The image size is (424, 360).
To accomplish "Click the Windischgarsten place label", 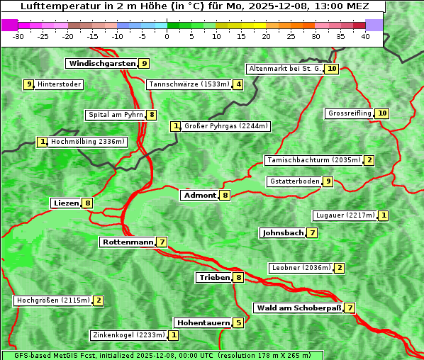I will point(101,64).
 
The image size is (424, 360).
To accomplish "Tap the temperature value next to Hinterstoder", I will point(29,85).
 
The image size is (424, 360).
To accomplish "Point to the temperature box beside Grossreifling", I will point(382,113).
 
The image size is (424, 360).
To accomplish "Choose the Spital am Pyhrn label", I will point(115,115).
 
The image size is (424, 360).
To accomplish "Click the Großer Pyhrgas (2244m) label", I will point(225,127).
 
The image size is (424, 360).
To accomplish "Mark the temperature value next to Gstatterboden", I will point(327,182).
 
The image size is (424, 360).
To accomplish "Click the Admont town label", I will point(199,196).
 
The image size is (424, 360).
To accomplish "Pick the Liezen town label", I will point(66,203).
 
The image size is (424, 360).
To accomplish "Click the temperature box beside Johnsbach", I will point(313,233).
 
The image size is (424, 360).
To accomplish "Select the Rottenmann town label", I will point(128,242).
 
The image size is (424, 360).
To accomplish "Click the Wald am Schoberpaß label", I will point(298,308).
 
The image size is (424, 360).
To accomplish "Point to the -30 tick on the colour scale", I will point(18,36).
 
